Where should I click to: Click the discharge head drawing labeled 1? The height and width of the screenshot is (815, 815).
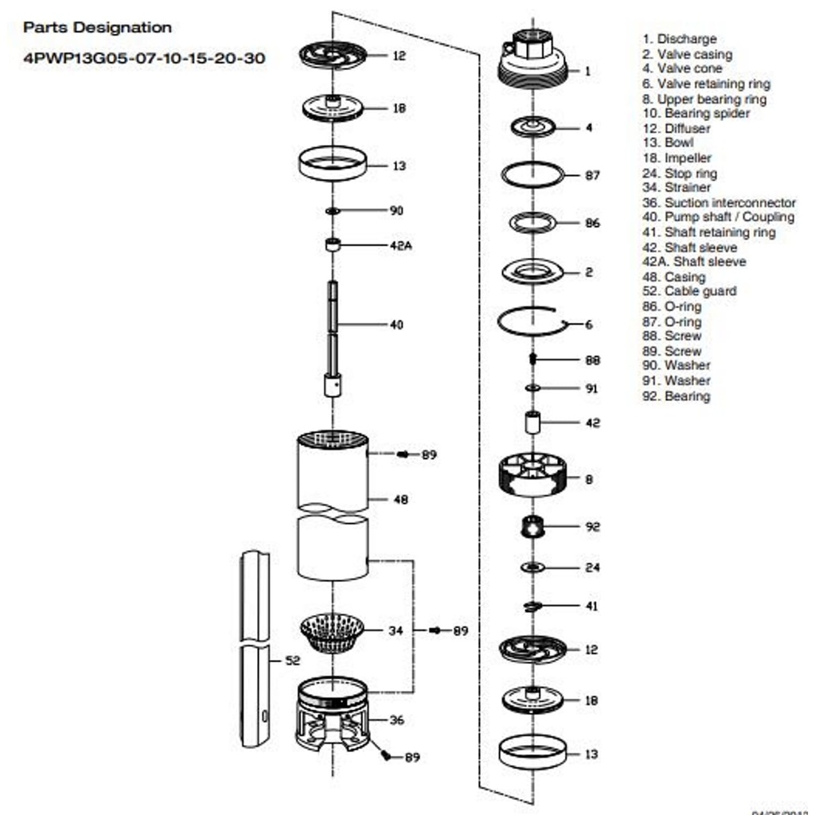[532, 60]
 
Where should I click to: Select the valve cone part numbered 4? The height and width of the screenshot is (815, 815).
[532, 127]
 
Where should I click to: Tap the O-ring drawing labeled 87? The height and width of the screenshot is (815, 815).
[532, 174]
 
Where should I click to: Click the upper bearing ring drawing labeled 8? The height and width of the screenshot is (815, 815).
[532, 475]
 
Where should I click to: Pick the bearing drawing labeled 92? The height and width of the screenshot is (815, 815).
[532, 526]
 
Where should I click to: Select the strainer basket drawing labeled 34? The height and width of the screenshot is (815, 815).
[332, 633]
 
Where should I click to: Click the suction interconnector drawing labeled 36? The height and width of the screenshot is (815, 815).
[332, 714]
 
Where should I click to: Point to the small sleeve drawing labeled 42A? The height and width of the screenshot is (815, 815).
[333, 244]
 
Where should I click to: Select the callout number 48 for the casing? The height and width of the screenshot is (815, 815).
[400, 500]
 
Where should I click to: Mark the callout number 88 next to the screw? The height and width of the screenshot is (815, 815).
[592, 360]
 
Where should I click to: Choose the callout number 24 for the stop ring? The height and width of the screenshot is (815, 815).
[592, 567]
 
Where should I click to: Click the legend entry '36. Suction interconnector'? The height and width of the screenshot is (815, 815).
[719, 203]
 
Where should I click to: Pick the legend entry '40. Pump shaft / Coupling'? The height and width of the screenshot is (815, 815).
[718, 217]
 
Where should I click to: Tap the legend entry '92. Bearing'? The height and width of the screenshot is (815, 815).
[676, 396]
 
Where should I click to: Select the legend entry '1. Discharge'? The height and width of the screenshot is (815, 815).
[679, 39]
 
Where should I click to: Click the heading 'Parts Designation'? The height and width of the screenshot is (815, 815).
[97, 28]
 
